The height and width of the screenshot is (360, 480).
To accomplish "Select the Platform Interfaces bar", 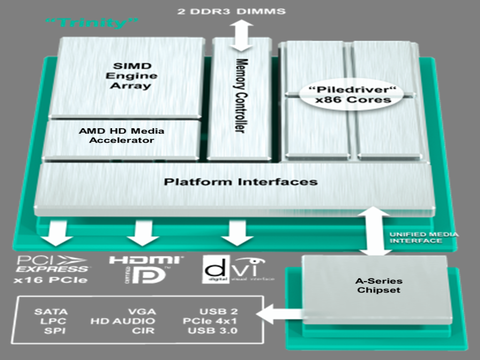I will pyautogui.click(x=240, y=182).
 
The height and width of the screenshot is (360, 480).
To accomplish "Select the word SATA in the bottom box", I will pyautogui.click(x=51, y=312).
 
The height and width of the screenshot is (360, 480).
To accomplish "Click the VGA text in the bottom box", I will pyautogui.click(x=143, y=312).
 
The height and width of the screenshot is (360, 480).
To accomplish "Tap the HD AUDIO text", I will pyautogui.click(x=143, y=326).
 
